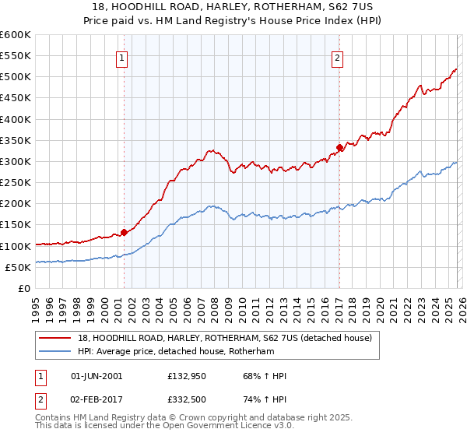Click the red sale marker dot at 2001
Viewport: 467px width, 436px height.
[124, 232]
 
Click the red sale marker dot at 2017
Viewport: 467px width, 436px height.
[339, 148]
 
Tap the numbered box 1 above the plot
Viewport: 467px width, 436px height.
[123, 57]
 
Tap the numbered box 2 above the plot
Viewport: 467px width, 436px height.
[338, 57]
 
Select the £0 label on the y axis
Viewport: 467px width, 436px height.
[24, 288]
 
